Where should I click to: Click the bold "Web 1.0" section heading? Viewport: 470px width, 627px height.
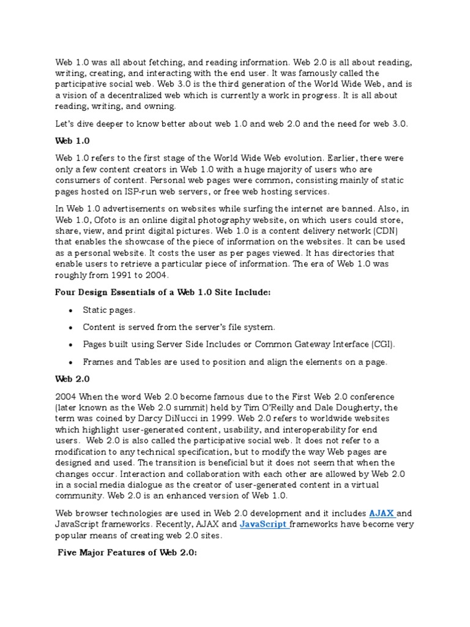(72, 141)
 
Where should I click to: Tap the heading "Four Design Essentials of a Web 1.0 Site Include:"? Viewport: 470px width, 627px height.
(163, 293)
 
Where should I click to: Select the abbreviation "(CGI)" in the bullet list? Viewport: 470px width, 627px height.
(384, 345)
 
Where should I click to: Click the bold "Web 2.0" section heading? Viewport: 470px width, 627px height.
(72, 379)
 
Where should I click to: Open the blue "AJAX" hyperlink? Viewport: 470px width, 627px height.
(381, 512)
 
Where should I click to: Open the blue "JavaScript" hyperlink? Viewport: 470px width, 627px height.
(263, 524)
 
